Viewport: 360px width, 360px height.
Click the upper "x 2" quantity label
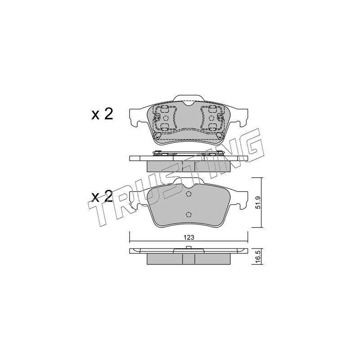click(102, 114)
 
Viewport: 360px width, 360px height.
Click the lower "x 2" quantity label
click(102, 196)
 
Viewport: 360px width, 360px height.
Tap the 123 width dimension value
click(189, 238)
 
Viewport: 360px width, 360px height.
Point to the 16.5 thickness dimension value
click(258, 256)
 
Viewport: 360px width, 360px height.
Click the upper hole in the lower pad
click(189, 194)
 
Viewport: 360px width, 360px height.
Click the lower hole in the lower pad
click(189, 215)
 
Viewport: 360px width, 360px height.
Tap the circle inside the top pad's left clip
click(166, 118)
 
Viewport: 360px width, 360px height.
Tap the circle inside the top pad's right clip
click(211, 118)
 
